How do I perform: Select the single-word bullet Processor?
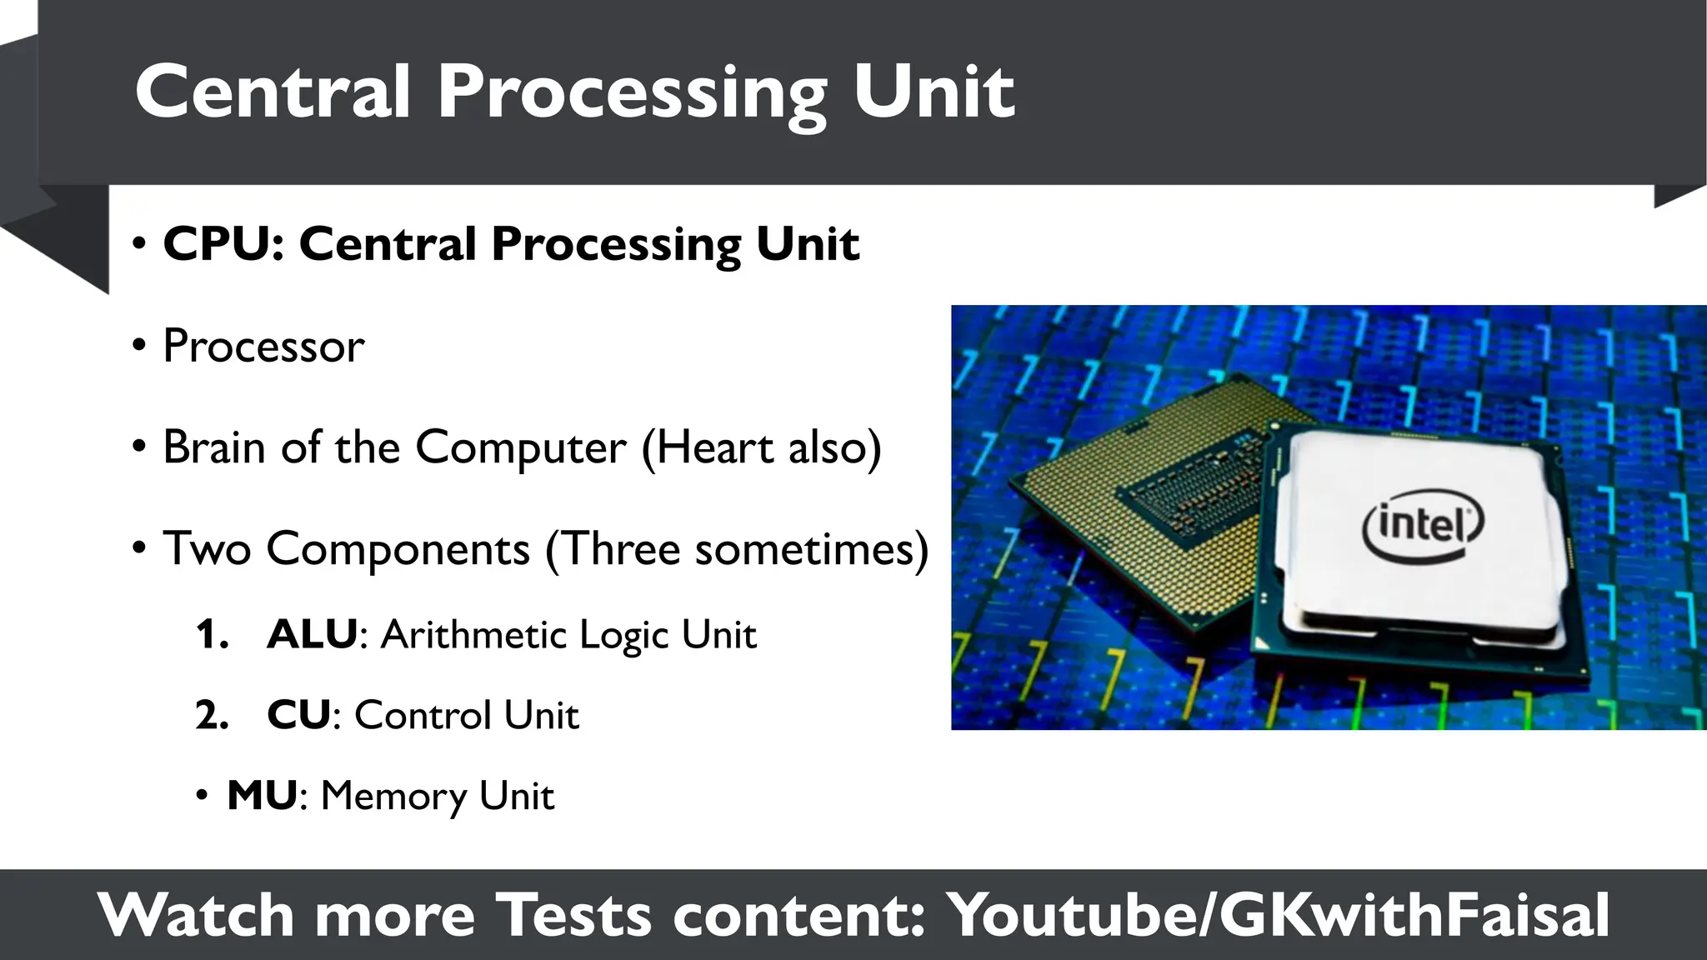[x=263, y=346]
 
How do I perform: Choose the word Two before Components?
[x=207, y=549]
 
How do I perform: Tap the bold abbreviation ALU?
[x=312, y=634]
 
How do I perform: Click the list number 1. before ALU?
[x=212, y=635]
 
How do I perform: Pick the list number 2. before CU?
[x=212, y=715]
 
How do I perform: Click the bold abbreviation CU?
[x=298, y=715]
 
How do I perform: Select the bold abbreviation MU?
[x=262, y=796]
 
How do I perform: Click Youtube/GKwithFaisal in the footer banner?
[x=1279, y=916]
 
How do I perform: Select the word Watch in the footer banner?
[x=197, y=916]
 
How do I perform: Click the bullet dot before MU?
[x=201, y=797]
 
